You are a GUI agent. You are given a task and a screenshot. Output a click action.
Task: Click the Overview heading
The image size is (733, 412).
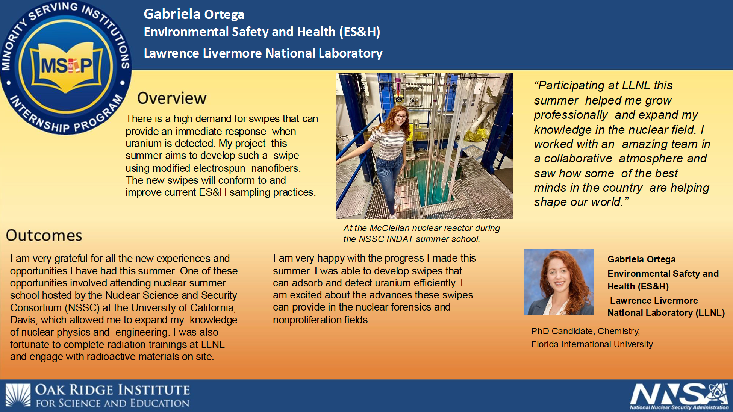tap(172, 98)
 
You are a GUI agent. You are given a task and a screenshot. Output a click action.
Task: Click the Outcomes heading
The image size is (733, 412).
tap(44, 236)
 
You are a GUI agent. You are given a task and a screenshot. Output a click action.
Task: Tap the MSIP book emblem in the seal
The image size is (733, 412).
tap(66, 67)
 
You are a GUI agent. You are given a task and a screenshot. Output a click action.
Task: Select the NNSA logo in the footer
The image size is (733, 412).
tap(679, 396)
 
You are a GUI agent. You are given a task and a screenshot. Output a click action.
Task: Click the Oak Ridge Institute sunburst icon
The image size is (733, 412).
tap(18, 395)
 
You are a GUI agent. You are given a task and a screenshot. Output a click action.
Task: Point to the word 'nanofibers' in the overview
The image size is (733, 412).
tap(276, 168)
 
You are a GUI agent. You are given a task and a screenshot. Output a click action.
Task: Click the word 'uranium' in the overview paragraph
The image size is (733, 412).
tap(143, 144)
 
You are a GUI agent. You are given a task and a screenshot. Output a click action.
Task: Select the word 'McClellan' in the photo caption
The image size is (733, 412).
tap(389, 228)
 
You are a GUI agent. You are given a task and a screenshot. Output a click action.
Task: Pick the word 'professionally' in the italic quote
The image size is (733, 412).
tap(571, 115)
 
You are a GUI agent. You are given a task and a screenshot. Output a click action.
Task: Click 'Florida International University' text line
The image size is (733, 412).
tap(592, 344)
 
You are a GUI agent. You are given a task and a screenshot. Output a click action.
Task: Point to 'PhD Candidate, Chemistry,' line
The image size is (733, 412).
tap(585, 331)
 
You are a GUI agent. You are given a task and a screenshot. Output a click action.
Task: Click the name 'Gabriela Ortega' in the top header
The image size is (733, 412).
tap(194, 14)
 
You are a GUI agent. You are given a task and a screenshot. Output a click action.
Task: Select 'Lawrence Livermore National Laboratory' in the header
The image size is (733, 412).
tap(263, 53)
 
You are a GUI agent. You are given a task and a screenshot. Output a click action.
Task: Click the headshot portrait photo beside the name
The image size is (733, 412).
tap(559, 282)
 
